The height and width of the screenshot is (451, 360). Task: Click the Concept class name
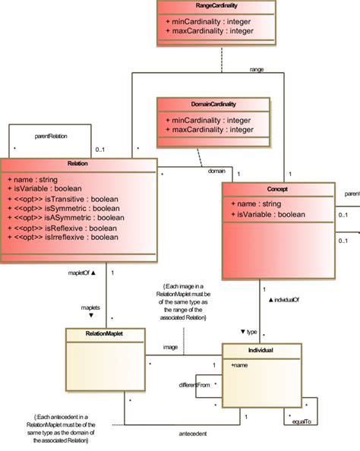point(278,188)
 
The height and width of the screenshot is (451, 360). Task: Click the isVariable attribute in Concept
point(267,214)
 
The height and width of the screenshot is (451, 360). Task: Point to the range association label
point(257,69)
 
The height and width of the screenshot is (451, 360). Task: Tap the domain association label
point(216,171)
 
